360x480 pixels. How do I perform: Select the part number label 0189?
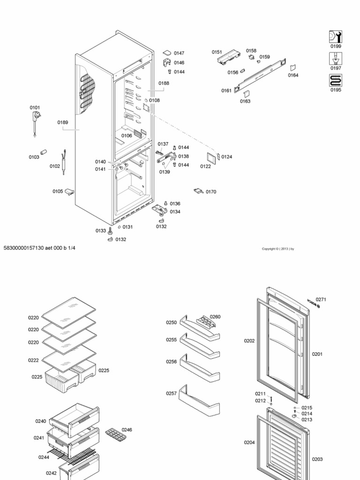[63, 122]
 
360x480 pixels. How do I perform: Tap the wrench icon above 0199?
[335, 37]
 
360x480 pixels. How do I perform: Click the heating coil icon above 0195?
[335, 81]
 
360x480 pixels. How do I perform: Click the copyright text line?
[278, 249]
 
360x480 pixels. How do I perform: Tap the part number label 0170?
[211, 192]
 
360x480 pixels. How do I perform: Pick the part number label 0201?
[317, 354]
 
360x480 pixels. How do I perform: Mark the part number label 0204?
[249, 442]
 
